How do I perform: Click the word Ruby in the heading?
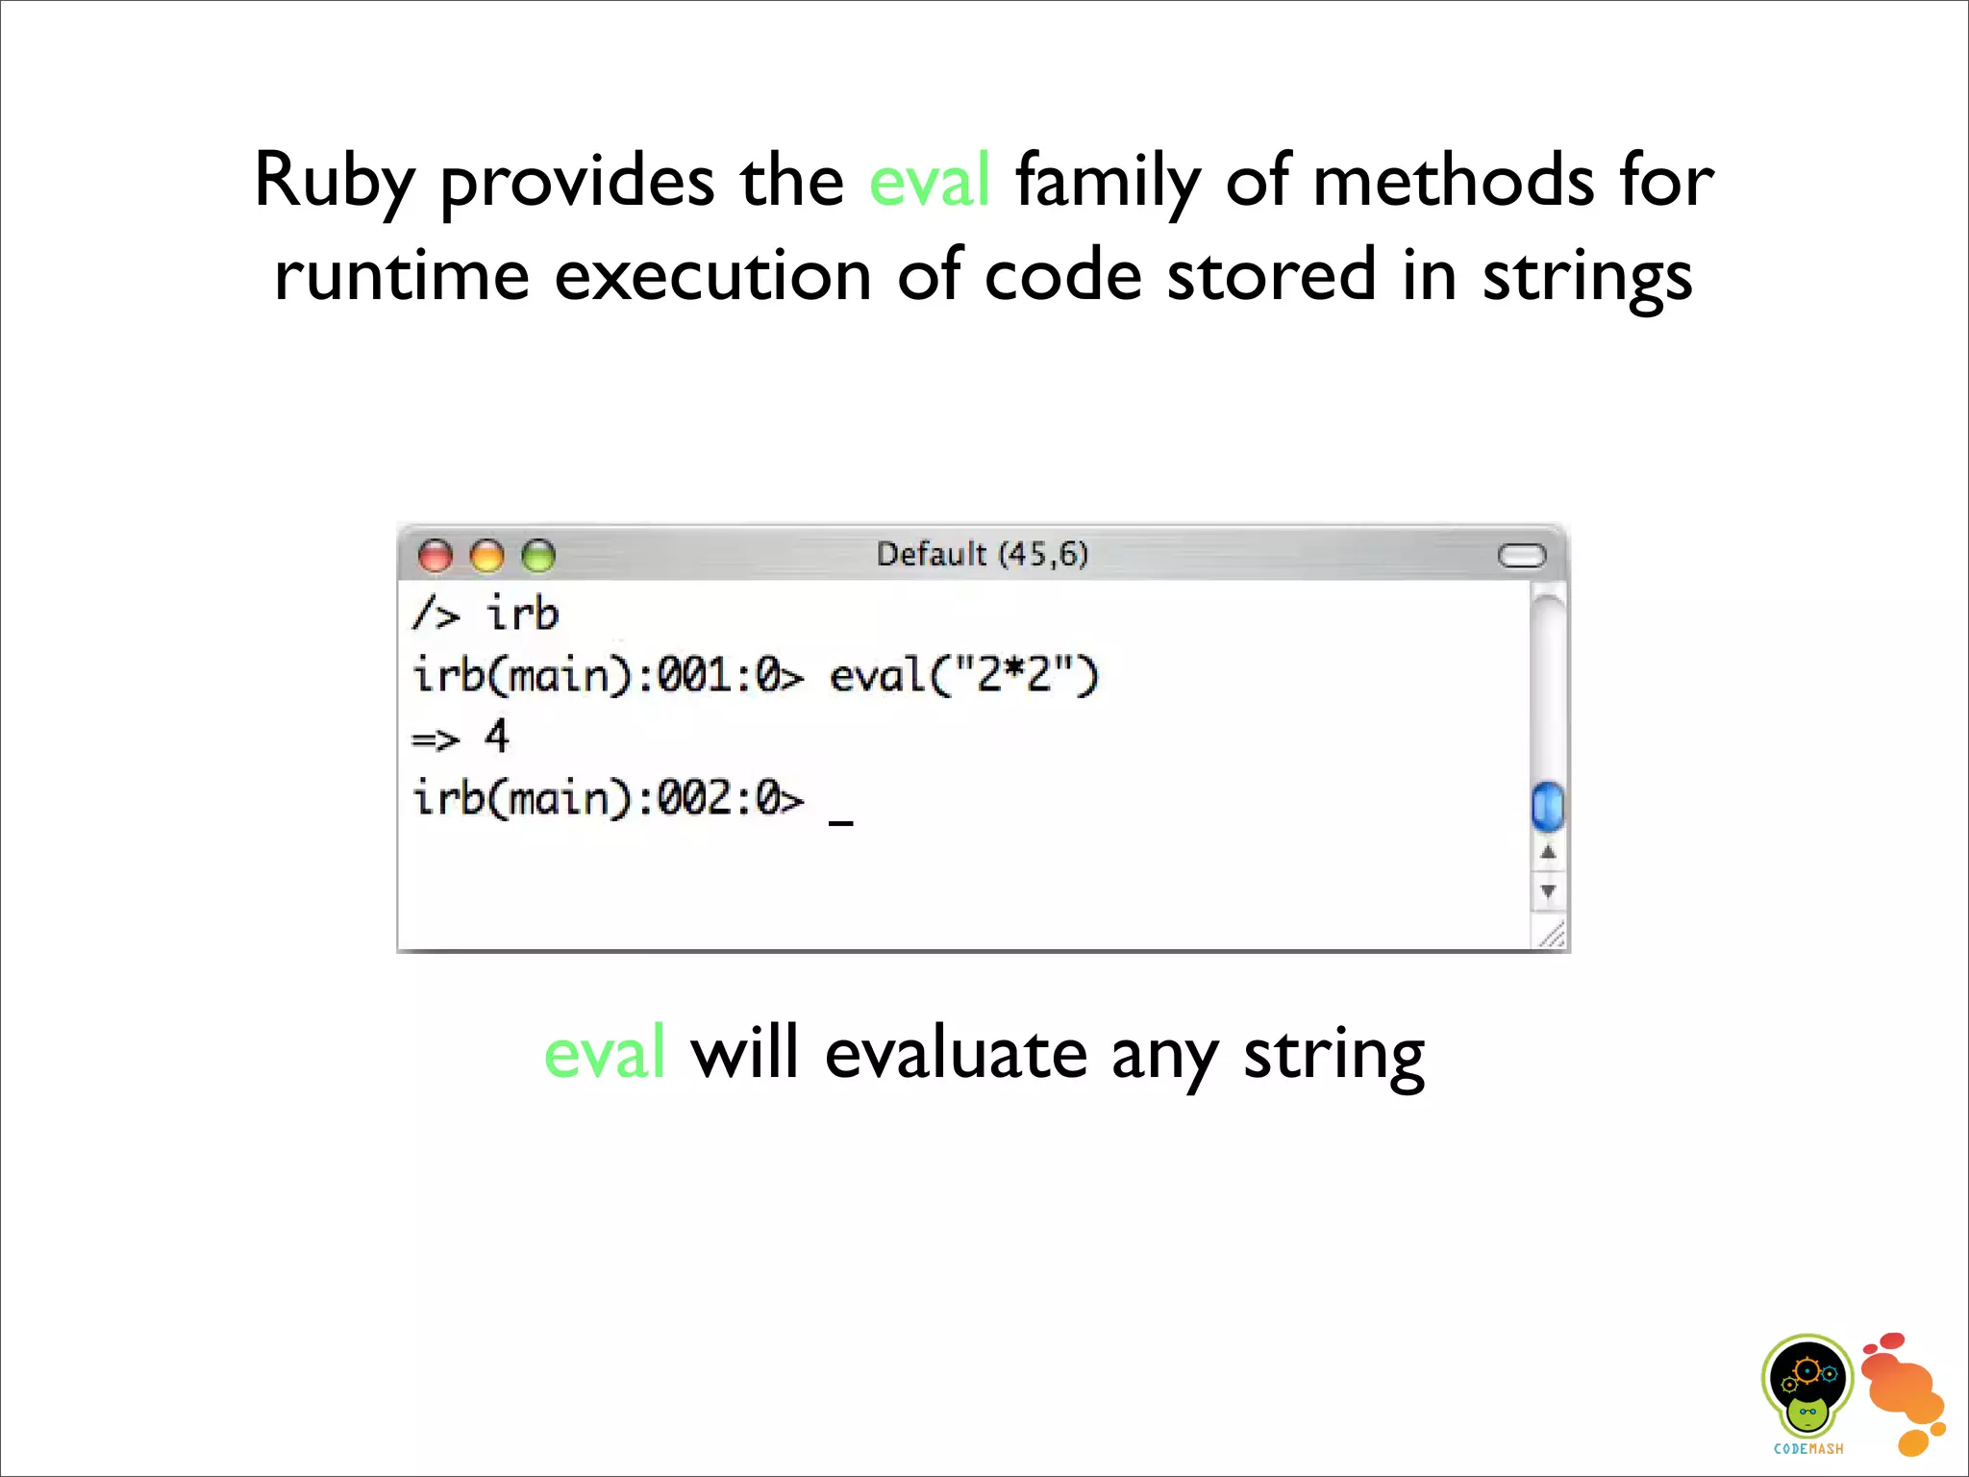point(334,182)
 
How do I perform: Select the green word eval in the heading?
point(929,182)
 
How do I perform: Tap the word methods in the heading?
point(1453,182)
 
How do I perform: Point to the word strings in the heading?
point(1586,277)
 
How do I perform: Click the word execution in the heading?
point(712,277)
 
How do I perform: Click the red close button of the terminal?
point(436,556)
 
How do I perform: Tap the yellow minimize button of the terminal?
point(487,556)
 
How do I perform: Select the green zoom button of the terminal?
point(538,556)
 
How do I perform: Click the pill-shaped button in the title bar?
point(1522,556)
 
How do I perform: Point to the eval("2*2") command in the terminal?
point(963,675)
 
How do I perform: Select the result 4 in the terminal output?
point(496,737)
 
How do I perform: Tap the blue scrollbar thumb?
point(1547,806)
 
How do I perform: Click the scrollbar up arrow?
point(1548,853)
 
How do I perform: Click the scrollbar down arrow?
point(1548,891)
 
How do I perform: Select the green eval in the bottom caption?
point(604,1054)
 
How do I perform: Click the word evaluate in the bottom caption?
point(955,1054)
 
